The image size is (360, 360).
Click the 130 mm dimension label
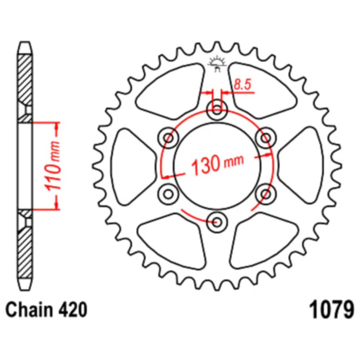217,164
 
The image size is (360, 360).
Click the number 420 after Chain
73,310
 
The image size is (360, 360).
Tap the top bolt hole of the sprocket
217,110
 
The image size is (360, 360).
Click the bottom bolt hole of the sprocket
217,222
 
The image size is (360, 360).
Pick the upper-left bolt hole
168,138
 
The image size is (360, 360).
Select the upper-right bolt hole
266,138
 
